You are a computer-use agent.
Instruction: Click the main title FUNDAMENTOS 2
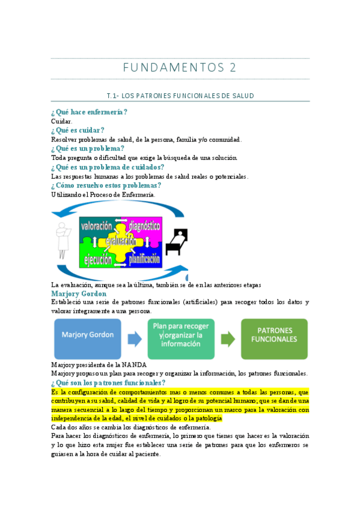coord(180,68)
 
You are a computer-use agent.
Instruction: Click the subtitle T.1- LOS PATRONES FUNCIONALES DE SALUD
coord(180,96)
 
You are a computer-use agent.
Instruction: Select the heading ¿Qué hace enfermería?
coord(90,112)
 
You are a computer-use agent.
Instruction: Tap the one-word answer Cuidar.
coord(62,121)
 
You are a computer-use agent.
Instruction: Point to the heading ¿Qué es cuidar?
coord(78,130)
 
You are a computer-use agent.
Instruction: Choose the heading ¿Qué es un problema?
coord(88,149)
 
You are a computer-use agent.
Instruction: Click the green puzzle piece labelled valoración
coord(96,227)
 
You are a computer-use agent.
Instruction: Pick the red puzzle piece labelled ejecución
coord(97,260)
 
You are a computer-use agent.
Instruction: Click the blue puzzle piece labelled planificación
coord(143,260)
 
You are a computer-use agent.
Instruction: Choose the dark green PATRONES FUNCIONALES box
coord(273,339)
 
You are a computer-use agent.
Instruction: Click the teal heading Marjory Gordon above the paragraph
coord(79,293)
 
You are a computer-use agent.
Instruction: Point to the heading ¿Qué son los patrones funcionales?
coord(108,382)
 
